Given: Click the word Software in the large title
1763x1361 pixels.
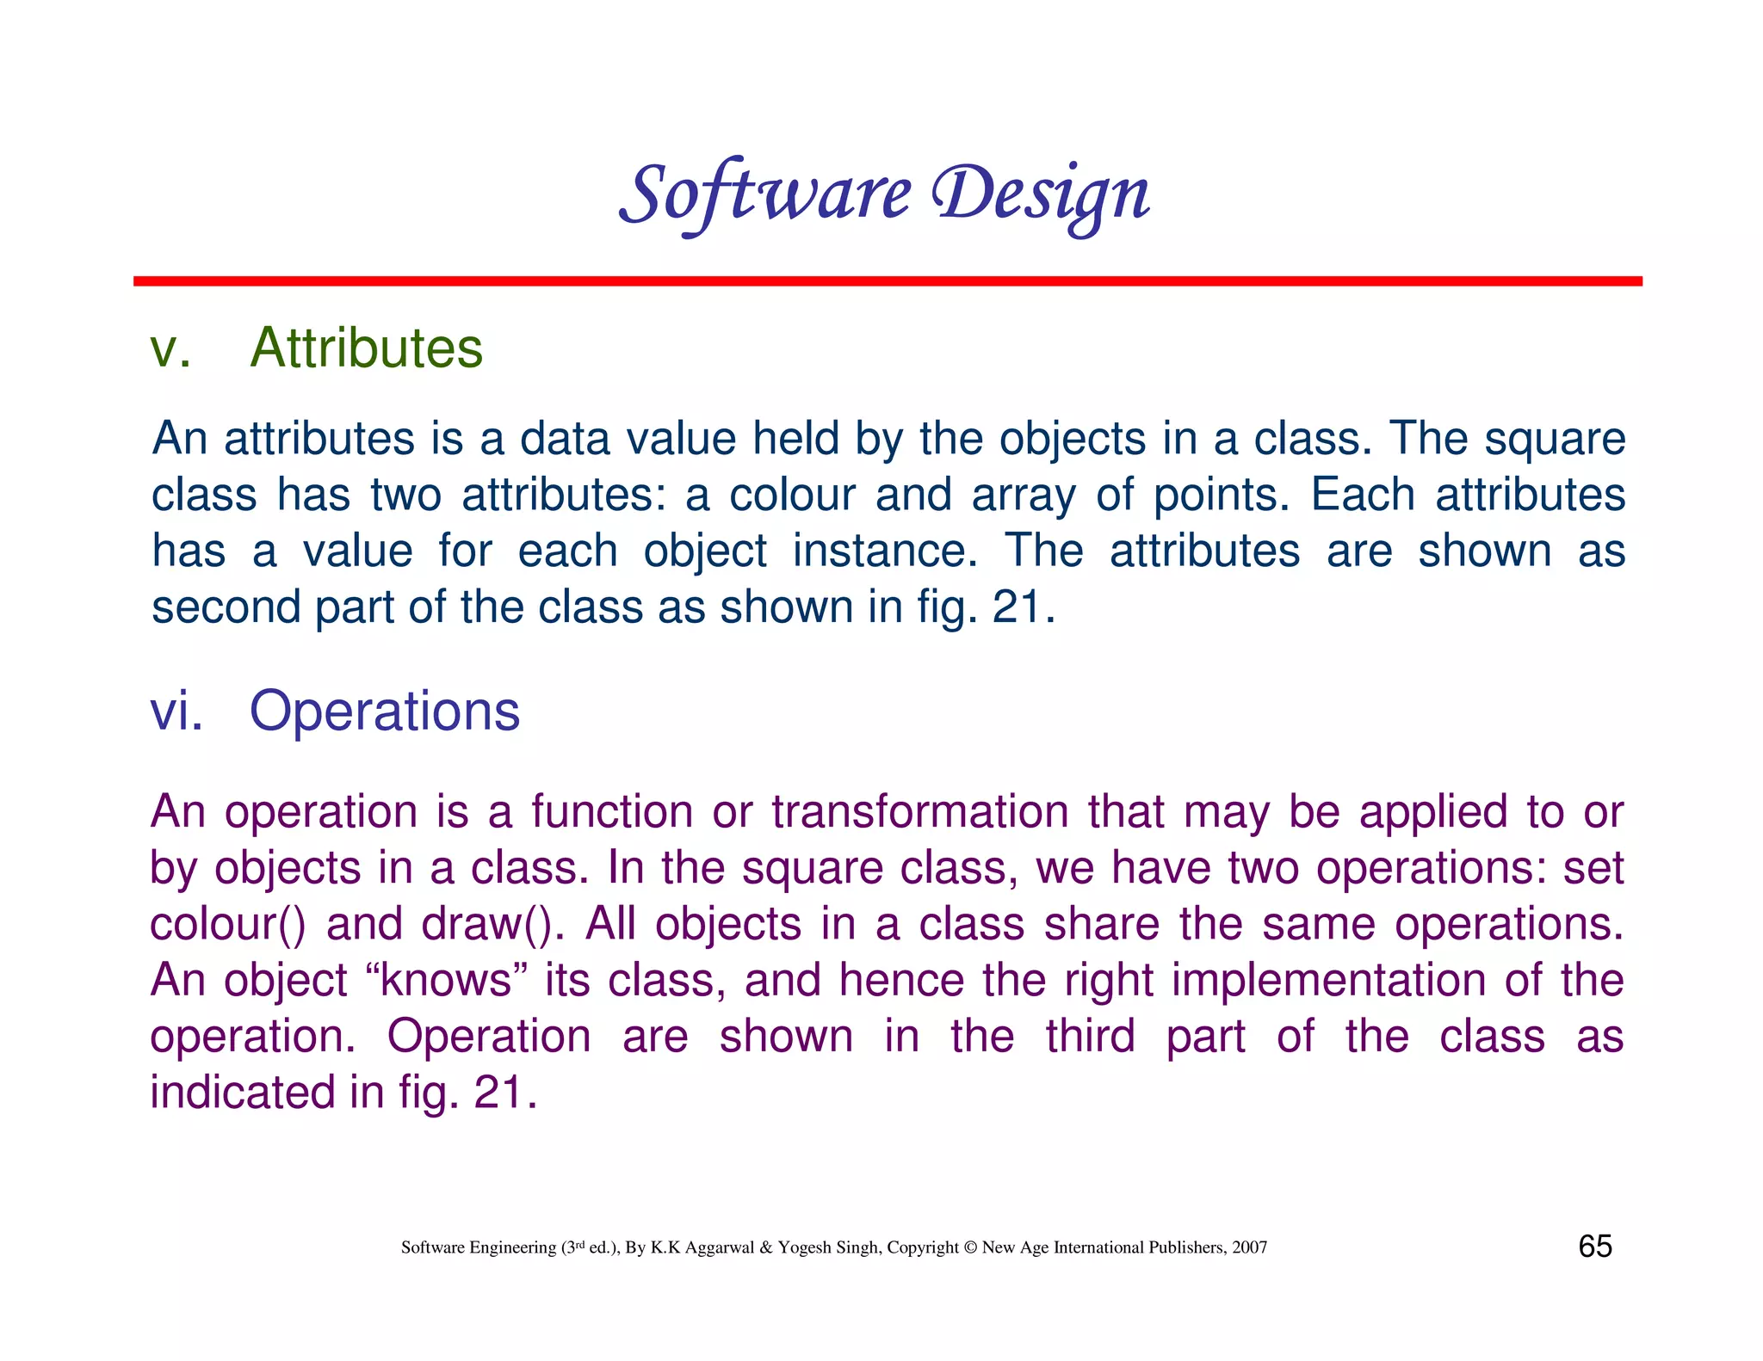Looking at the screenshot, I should [764, 194].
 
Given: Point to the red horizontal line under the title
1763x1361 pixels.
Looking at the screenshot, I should [887, 281].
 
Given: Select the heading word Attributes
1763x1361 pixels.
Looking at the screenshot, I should [366, 348].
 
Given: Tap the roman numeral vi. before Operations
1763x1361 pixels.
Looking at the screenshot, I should [176, 711].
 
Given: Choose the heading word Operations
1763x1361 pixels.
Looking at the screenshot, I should [384, 711].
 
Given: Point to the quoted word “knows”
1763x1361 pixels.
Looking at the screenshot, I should [445, 980].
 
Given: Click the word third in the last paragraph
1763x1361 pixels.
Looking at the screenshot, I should [1091, 1036].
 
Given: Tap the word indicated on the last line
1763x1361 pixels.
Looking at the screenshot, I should [242, 1093].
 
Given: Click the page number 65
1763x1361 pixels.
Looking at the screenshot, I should [1594, 1247].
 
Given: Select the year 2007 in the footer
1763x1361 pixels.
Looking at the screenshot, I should [1249, 1247].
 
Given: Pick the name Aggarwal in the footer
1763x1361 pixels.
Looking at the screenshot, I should [720, 1247].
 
